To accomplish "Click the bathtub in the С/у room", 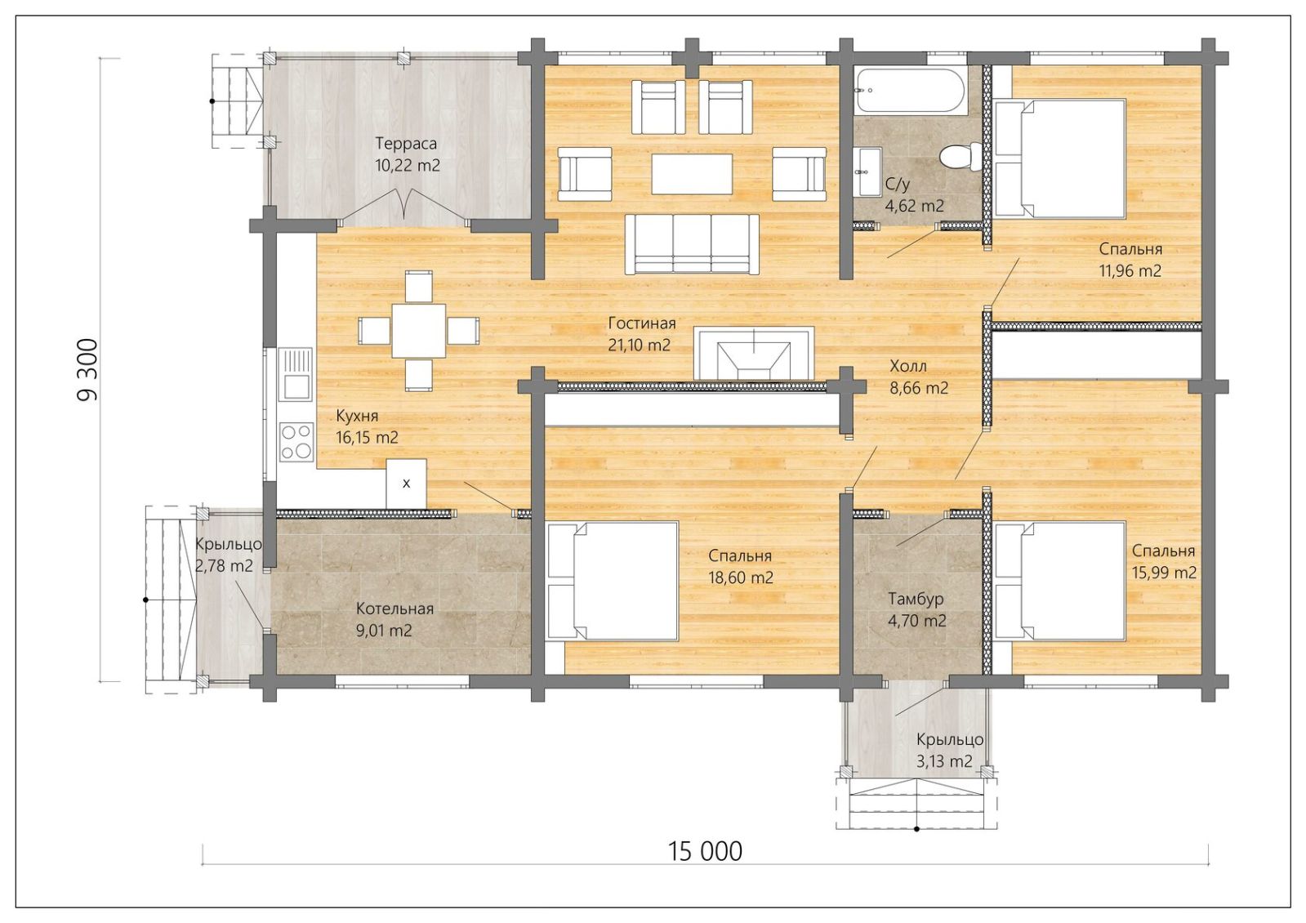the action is coord(912,91).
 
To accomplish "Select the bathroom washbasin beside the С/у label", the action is coord(868,172).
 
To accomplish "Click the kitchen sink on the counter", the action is coord(296,374).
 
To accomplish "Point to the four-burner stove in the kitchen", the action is coord(296,441).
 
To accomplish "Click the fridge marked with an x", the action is coord(407,484).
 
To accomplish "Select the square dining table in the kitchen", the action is coord(419,331).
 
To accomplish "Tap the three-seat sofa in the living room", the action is coord(692,244).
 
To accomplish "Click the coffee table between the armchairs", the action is coord(692,173).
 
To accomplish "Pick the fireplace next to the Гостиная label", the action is coord(754,354).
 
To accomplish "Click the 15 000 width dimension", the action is coord(705,851).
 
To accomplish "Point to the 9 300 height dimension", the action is coord(88,370).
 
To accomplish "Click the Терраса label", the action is coord(406,144).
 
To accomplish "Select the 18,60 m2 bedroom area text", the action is coord(741,577).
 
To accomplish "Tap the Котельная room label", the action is coord(394,609).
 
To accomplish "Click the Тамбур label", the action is coord(916,599).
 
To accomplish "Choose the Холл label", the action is coord(907,366).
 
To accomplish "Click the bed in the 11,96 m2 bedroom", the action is coord(1059,159).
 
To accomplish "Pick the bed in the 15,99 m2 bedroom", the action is coord(1059,581).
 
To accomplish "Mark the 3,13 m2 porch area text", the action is coord(944,761).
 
